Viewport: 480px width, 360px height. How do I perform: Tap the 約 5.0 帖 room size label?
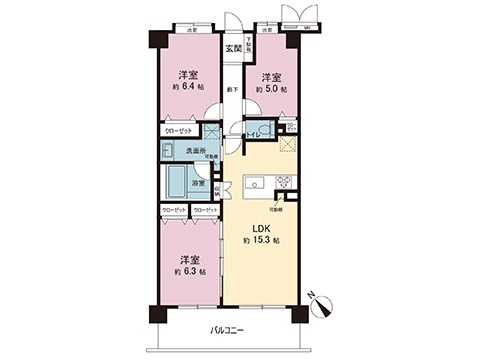tap(270, 88)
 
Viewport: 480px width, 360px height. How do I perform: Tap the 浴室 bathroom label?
tap(199, 183)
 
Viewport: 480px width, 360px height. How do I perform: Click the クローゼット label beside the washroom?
tap(179, 131)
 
